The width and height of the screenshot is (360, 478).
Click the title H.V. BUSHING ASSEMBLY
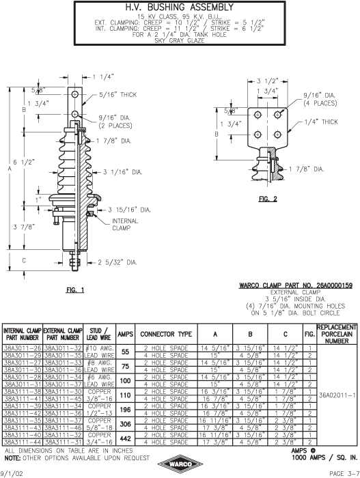click(x=180, y=8)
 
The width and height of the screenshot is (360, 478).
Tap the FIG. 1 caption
click(x=75, y=290)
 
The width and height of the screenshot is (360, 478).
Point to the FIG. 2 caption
click(x=268, y=199)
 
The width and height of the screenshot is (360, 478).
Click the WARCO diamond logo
click(x=180, y=464)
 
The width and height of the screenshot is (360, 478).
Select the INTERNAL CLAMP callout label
click(x=125, y=225)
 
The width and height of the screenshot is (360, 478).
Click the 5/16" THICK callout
click(x=117, y=95)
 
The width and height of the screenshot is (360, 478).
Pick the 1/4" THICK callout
click(x=321, y=122)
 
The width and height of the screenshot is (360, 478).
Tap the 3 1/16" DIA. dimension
click(x=123, y=172)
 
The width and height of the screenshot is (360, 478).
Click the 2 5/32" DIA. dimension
click(x=117, y=262)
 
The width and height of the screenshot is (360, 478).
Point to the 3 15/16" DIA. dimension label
click(x=129, y=210)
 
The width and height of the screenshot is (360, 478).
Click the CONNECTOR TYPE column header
click(x=166, y=334)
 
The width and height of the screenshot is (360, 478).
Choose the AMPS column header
click(x=126, y=334)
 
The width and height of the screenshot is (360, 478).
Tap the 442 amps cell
click(x=126, y=438)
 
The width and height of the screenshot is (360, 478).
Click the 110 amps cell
click(x=126, y=395)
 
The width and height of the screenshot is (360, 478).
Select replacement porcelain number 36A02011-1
click(x=337, y=395)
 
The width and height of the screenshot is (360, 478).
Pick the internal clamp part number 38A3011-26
click(x=23, y=348)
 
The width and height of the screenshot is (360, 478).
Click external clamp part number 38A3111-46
click(x=63, y=427)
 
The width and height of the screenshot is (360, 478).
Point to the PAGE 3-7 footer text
click(x=344, y=473)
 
